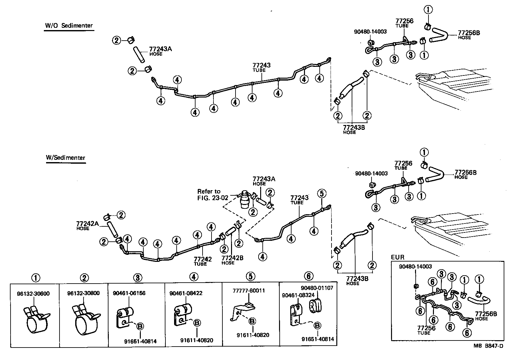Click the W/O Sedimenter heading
tap(69, 26)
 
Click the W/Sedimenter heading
tap(66, 158)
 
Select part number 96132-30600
tap(33, 293)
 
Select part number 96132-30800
tap(84, 293)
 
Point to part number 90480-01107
tap(317, 288)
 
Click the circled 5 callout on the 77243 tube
tap(322, 193)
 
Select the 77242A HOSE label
tap(87, 225)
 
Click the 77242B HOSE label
tap(232, 260)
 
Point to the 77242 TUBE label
tap(203, 261)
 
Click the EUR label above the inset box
tap(398, 257)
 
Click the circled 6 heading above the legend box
tap(308, 276)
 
